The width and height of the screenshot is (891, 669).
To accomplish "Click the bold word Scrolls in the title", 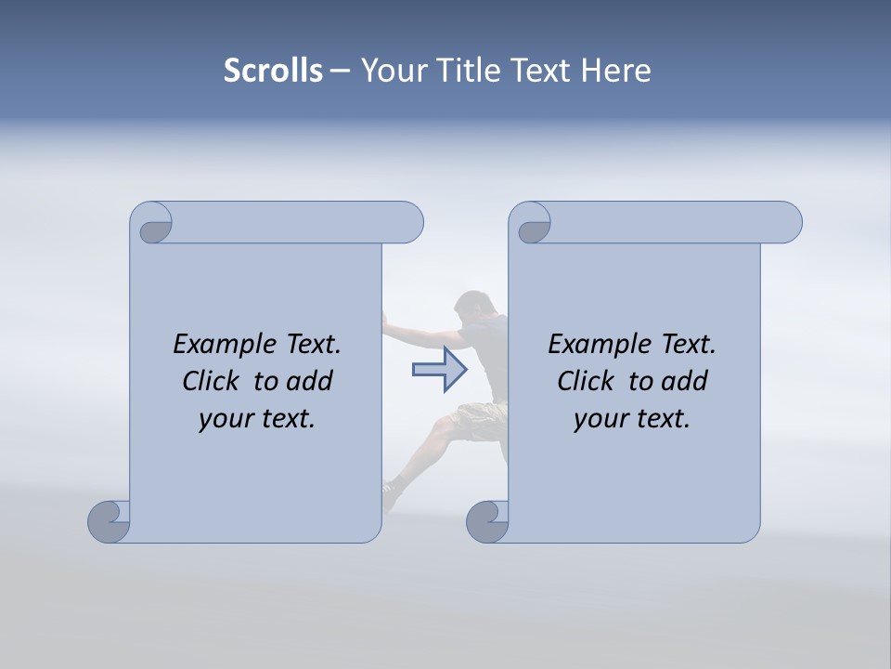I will point(273,71).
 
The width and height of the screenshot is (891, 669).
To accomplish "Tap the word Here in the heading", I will point(615,71).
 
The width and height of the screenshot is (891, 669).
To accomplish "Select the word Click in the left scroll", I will point(209,381).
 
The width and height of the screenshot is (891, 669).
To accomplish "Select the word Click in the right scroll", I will point(584,381).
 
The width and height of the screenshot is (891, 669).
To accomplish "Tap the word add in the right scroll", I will point(685,381).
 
